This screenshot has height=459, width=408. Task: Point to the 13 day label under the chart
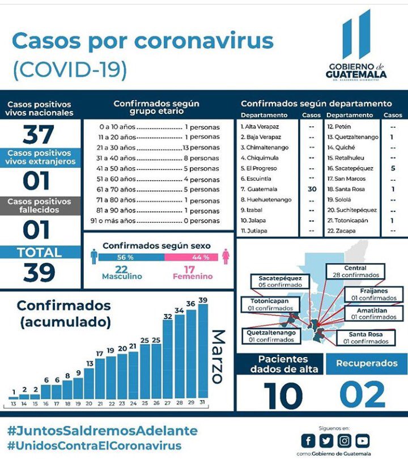point(12,403)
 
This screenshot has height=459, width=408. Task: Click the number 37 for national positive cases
point(39,135)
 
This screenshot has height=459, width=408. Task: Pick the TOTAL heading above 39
point(39,253)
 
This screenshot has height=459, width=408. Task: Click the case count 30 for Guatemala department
point(312,189)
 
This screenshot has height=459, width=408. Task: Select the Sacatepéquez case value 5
point(393,168)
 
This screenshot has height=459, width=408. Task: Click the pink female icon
point(226,257)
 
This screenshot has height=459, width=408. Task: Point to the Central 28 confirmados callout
point(355,271)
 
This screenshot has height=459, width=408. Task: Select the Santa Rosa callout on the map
point(365,338)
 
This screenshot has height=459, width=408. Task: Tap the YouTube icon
point(363,440)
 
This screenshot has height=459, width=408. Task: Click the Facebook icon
point(308,440)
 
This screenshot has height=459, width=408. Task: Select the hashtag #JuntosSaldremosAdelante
point(102,431)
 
